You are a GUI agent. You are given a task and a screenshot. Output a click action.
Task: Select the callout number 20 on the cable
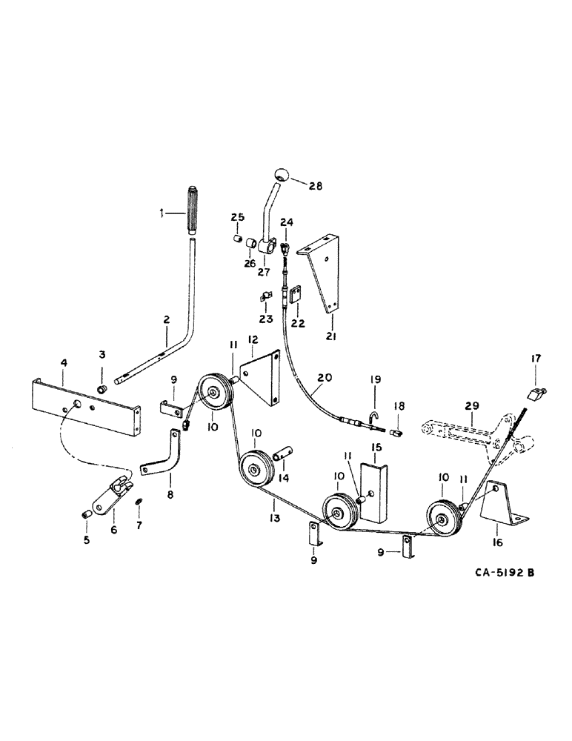(321, 377)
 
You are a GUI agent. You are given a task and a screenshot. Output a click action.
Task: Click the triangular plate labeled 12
(259, 376)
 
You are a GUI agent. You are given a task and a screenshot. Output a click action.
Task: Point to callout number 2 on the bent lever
(167, 320)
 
